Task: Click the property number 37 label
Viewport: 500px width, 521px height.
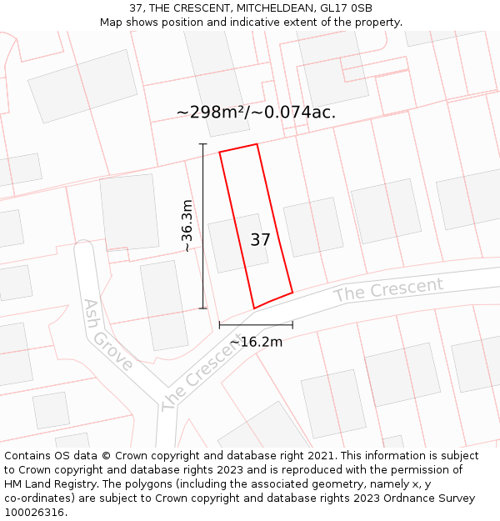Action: click(x=260, y=240)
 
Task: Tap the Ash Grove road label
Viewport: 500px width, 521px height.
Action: click(x=107, y=335)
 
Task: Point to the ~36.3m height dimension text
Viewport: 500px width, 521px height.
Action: click(x=187, y=226)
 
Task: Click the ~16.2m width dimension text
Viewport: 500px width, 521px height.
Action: click(x=256, y=341)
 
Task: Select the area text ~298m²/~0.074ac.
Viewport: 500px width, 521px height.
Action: click(x=256, y=112)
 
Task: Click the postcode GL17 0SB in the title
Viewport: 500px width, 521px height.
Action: click(x=344, y=8)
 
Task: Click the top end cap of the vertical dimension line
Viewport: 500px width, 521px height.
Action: click(x=202, y=144)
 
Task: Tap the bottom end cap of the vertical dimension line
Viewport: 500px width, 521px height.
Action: click(x=202, y=308)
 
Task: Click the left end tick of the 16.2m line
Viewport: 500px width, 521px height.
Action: click(x=219, y=324)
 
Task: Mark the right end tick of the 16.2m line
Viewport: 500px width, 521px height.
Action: click(x=292, y=324)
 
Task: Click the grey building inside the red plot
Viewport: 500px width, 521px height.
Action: click(x=235, y=243)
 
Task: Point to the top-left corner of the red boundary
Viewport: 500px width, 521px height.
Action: click(x=220, y=153)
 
